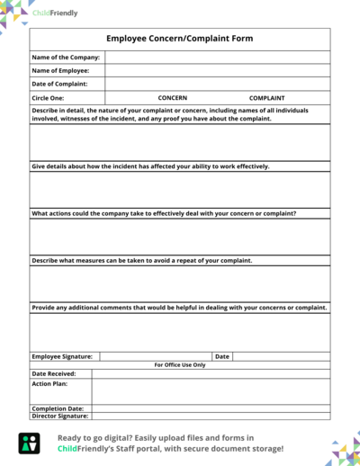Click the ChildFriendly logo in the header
tap(55, 13)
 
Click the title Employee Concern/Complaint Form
tap(180, 39)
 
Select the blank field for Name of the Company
tap(217, 58)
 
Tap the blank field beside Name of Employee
tap(217, 70)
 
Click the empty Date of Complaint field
tap(217, 84)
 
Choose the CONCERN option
tap(172, 97)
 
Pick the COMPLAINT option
tap(266, 97)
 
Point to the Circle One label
tap(48, 97)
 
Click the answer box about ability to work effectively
tap(180, 189)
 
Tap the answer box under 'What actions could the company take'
tap(180, 237)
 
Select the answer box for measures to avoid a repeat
tap(180, 283)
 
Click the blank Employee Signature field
tap(155, 356)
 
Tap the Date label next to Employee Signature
tap(222, 356)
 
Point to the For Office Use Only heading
tap(180, 364)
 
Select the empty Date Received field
tap(211, 373)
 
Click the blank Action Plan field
tap(211, 390)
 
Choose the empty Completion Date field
tap(211, 408)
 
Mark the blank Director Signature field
tap(211, 417)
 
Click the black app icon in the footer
tap(29, 443)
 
